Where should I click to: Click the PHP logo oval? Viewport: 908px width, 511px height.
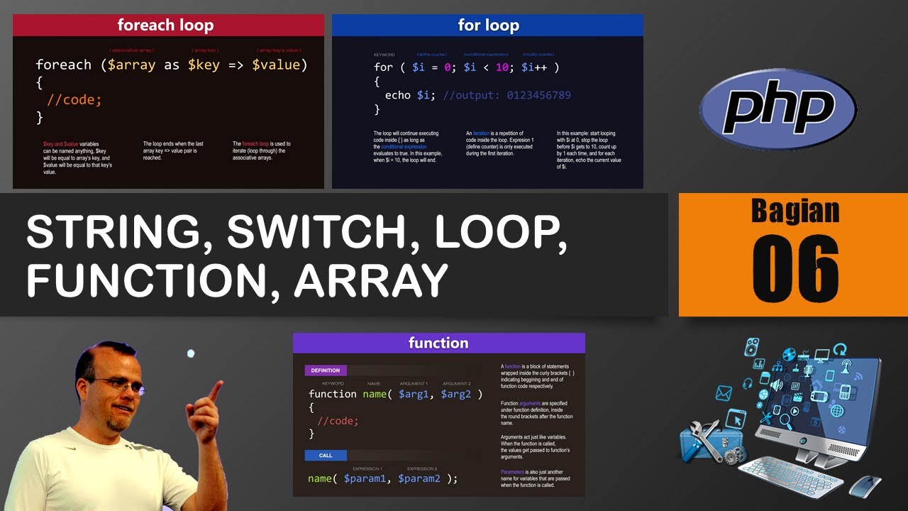click(x=777, y=109)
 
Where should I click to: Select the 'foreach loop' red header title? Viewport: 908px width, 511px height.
click(x=165, y=26)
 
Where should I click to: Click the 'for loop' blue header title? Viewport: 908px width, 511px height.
click(x=488, y=26)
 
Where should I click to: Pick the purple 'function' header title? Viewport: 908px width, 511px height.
click(x=438, y=343)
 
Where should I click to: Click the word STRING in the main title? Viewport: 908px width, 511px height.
click(x=113, y=232)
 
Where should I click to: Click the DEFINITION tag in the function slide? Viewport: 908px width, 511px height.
click(x=326, y=370)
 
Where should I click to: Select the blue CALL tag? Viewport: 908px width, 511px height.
click(x=326, y=456)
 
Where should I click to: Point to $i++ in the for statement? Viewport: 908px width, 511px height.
click(x=537, y=67)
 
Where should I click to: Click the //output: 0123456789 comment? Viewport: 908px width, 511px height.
click(x=506, y=95)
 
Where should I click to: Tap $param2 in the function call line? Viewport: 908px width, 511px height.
click(x=419, y=478)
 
